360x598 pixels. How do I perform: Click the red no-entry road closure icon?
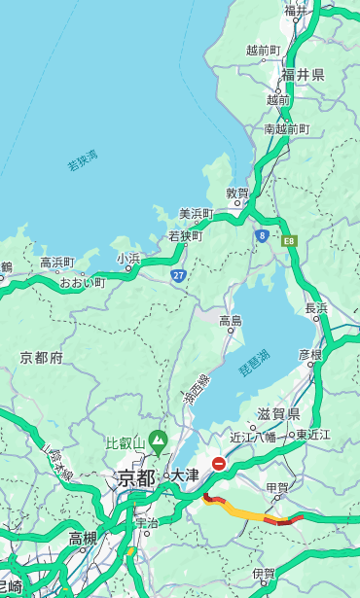click(x=219, y=464)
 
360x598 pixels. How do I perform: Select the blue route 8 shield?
click(x=262, y=234)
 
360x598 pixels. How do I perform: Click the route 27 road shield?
click(x=178, y=275)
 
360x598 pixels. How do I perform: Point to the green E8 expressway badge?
click(x=289, y=239)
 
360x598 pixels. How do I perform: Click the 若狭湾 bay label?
click(x=83, y=160)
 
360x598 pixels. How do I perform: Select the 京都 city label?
click(x=135, y=477)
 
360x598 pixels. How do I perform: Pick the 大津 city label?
click(x=185, y=475)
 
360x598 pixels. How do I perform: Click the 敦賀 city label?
click(x=238, y=193)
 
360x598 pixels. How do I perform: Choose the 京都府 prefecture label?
click(x=42, y=358)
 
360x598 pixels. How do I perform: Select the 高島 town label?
click(x=231, y=321)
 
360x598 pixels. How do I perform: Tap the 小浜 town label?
click(x=128, y=259)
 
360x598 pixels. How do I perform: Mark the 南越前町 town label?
click(x=286, y=128)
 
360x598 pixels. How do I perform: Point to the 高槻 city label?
click(x=83, y=538)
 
